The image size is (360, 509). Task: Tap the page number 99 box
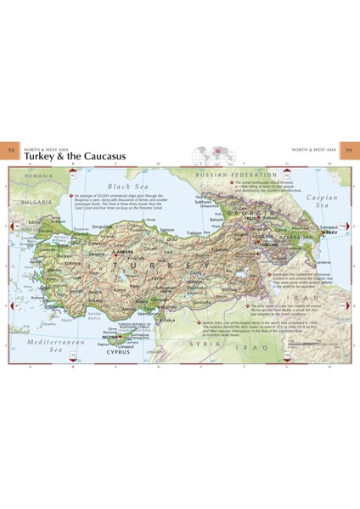click(x=347, y=151)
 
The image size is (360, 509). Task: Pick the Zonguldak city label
click(x=103, y=227)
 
